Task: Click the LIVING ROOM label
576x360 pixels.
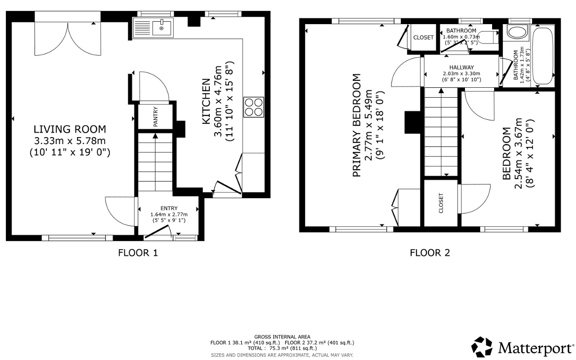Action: [x=69, y=129]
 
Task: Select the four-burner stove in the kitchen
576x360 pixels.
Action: [x=253, y=107]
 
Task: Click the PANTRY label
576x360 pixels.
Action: [x=155, y=117]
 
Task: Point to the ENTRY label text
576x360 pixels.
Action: [x=169, y=208]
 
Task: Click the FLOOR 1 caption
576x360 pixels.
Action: [x=138, y=253]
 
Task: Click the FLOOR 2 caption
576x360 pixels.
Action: [x=430, y=253]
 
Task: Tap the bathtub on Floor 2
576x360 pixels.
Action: [x=543, y=57]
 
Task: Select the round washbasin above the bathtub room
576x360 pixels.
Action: [x=517, y=33]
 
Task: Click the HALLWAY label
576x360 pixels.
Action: [x=461, y=68]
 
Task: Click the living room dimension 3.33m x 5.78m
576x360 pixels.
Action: [x=69, y=141]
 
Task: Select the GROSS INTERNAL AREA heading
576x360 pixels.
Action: [x=282, y=336]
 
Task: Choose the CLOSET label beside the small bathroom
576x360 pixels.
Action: [x=423, y=37]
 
